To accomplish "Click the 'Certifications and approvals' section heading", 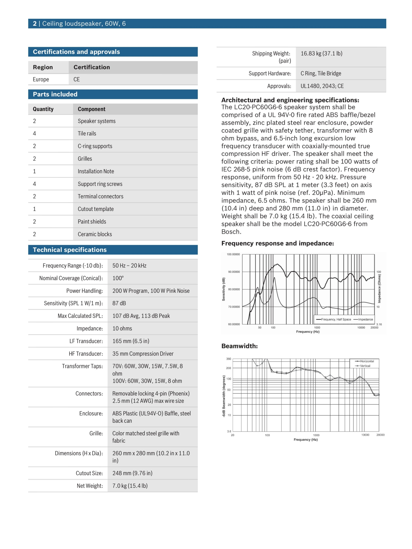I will pyautogui.click(x=76, y=52).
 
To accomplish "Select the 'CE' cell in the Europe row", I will pyautogui.click(x=77, y=79).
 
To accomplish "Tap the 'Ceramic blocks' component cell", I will pyautogui.click(x=95, y=234).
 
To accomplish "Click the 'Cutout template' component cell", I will pyautogui.click(x=96, y=209).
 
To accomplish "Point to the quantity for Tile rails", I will pyautogui.click(x=34, y=133).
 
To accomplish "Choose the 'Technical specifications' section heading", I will pyautogui.click(x=70, y=250).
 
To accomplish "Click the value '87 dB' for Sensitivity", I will pyautogui.click(x=119, y=303).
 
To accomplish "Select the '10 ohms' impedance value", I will pyautogui.click(x=122, y=328).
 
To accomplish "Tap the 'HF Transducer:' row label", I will pyautogui.click(x=86, y=354).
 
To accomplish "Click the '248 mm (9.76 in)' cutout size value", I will pyautogui.click(x=132, y=473).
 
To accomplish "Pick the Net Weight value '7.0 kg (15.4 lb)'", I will pyautogui.click(x=130, y=486).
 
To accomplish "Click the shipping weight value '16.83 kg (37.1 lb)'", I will pyautogui.click(x=321, y=53).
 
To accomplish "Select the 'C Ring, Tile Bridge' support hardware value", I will pyautogui.click(x=321, y=73).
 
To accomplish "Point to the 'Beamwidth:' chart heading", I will pyautogui.click(x=240, y=346).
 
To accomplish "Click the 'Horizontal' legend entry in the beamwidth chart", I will pyautogui.click(x=367, y=361).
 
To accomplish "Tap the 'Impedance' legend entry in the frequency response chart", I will pyautogui.click(x=365, y=319).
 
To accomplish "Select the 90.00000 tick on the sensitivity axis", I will pyautogui.click(x=234, y=272).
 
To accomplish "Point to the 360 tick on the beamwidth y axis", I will pyautogui.click(x=229, y=359).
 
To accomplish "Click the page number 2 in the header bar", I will pyautogui.click(x=35, y=24).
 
